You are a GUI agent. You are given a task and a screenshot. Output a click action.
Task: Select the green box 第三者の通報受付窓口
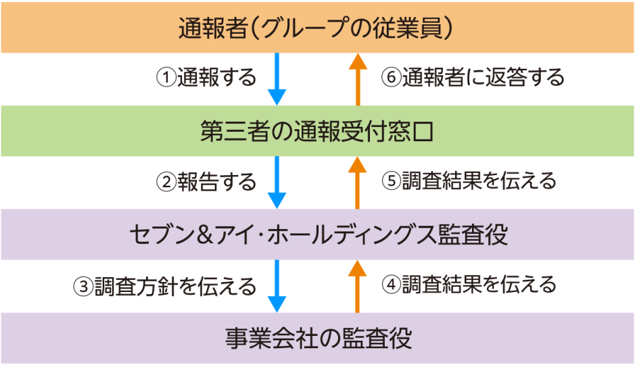click(x=317, y=131)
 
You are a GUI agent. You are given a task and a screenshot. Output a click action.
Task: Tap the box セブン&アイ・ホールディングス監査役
click(x=317, y=235)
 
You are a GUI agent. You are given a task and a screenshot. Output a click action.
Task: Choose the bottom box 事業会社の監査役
click(x=317, y=338)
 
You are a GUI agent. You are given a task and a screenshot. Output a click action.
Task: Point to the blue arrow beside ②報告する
click(x=277, y=182)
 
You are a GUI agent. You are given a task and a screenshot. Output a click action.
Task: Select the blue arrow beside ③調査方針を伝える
click(x=277, y=286)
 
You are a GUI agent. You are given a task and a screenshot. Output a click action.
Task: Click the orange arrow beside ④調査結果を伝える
click(x=358, y=286)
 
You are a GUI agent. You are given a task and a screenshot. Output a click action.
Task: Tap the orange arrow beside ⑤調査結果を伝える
click(x=358, y=182)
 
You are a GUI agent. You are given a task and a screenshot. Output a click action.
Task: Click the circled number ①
click(x=166, y=78)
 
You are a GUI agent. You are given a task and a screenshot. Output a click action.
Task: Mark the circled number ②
click(x=166, y=182)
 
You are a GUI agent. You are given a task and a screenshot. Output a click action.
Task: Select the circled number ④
click(x=390, y=285)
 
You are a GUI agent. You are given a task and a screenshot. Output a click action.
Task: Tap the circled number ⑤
click(x=390, y=181)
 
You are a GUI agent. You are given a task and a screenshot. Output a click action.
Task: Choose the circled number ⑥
click(x=390, y=78)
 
